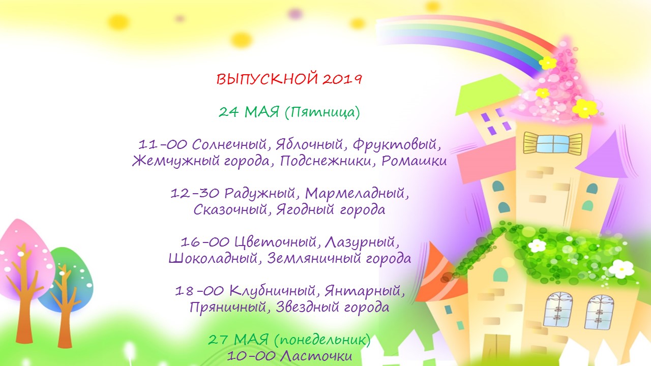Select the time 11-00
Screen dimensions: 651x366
pos(162,144)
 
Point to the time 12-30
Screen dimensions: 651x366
pos(194,193)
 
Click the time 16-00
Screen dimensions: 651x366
pos(205,242)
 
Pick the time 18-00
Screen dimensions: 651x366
pos(199,291)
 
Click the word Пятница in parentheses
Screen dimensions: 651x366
pos(322,112)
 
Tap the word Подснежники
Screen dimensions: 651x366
pos(325,161)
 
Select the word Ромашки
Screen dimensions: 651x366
pos(414,161)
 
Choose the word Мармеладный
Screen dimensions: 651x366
pos(354,194)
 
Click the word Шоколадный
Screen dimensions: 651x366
pos(213,258)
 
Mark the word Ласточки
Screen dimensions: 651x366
pos(317,356)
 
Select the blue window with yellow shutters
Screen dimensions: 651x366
pos(552,143)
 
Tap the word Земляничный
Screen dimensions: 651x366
pos(313,258)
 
